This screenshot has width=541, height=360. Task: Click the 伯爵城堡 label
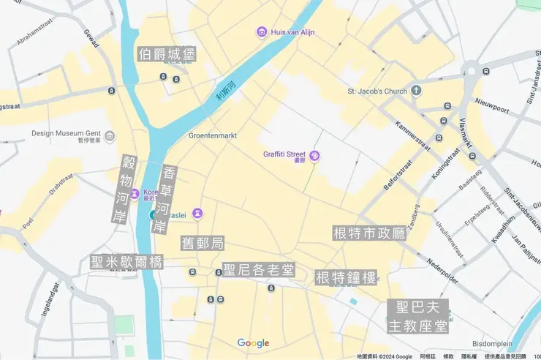coord(167,54)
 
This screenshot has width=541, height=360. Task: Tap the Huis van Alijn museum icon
coord(262,31)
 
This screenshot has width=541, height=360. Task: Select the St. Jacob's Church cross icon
coord(416,91)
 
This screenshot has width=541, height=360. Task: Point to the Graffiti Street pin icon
coord(314,155)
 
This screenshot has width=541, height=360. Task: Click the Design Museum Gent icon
coord(110,135)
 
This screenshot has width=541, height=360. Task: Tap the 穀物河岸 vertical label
coord(129,189)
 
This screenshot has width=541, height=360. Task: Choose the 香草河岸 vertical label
coord(168,199)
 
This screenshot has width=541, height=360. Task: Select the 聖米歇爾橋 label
coord(126,262)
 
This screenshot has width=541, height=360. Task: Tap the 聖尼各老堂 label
coord(260,270)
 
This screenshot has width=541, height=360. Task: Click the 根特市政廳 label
coord(369,233)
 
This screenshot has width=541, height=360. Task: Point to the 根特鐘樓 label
coord(346,278)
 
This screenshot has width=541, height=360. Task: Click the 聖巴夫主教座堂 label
coord(417,317)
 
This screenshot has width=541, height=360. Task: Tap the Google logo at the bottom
coord(253,343)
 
